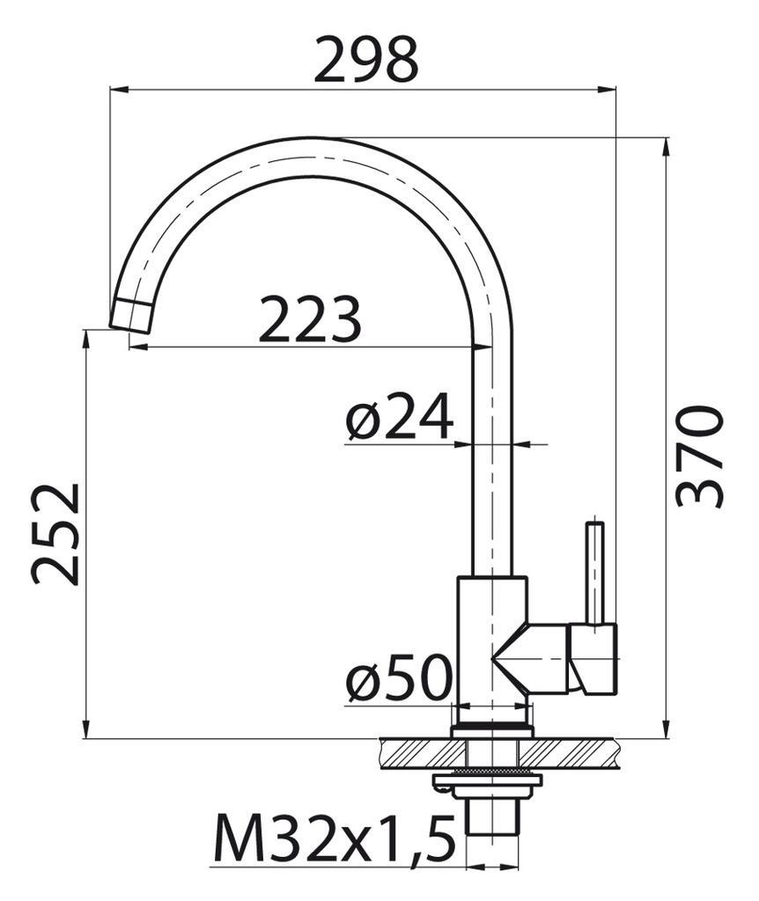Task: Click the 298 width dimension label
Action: (365, 59)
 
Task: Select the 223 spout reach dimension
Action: (310, 319)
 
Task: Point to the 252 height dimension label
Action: (56, 533)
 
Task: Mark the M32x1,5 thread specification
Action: (334, 839)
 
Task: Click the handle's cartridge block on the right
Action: (594, 658)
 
